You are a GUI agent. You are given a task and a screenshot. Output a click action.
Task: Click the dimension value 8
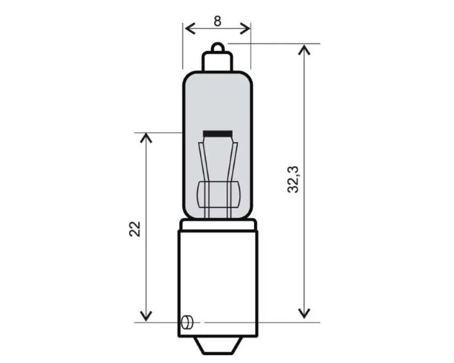[x=217, y=21]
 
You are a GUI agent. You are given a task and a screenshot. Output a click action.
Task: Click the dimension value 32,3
[x=293, y=180]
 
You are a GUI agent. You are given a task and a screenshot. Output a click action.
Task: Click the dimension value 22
[x=135, y=229]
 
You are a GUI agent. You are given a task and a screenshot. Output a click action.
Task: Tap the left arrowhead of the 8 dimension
[x=190, y=28]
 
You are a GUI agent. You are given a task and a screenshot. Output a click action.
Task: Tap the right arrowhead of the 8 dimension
[x=245, y=28]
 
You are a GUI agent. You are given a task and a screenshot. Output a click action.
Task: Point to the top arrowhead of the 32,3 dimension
[x=304, y=49]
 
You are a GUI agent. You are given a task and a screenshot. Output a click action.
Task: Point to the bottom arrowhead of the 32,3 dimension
[x=304, y=313]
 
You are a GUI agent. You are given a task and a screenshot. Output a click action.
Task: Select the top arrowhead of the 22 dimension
[x=146, y=138]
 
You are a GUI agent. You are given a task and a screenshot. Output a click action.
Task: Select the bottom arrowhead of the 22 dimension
[x=146, y=316]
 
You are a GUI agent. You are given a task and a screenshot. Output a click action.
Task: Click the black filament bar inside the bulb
[x=218, y=133]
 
